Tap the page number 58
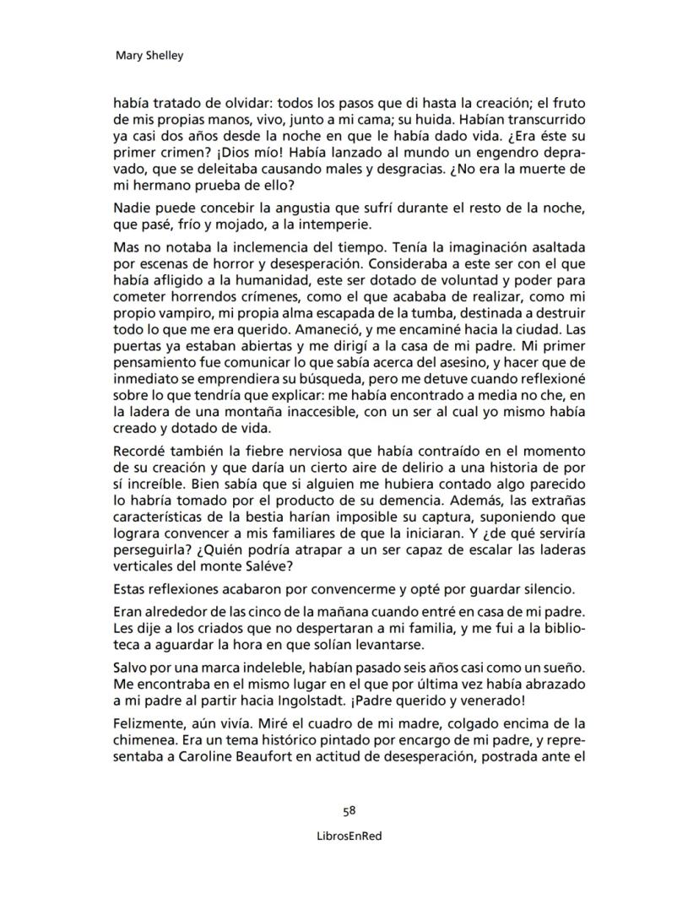pyautogui.click(x=349, y=810)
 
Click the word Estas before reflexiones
pyautogui.click(x=133, y=587)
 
